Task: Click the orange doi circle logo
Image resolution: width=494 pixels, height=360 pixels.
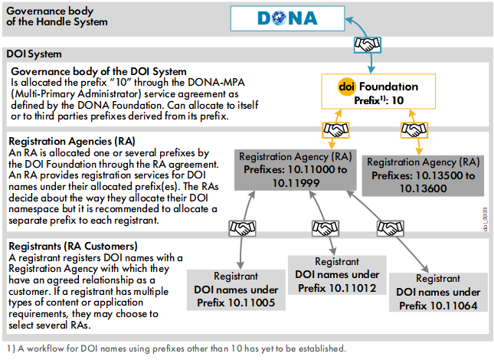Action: click(346, 87)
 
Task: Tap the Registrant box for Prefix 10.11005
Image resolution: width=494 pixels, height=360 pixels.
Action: click(235, 290)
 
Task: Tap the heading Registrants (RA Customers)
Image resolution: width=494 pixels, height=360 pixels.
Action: click(61, 246)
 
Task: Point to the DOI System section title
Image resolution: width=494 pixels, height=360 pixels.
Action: click(34, 54)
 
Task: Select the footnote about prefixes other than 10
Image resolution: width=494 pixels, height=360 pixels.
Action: click(175, 349)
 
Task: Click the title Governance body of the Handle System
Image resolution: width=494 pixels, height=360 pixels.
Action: click(57, 16)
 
